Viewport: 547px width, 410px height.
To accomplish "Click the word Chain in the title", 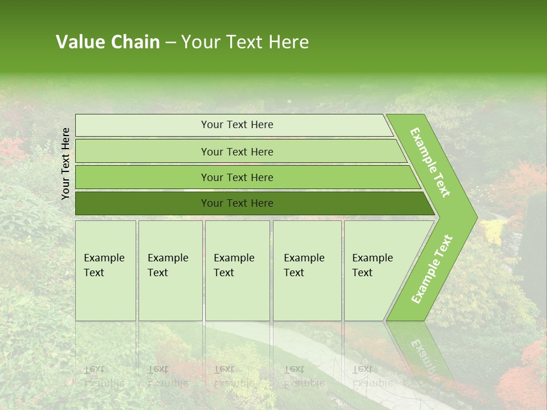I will click(135, 42).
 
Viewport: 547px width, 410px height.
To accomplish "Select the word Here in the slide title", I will click(288, 42).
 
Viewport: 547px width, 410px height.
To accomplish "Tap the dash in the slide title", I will click(170, 43).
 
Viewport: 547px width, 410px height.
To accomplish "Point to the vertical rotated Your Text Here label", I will click(66, 163).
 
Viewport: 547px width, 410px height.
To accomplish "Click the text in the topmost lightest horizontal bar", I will click(237, 125).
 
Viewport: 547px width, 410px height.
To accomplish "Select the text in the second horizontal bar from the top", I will click(237, 152).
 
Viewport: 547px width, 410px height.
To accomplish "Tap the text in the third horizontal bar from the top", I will click(237, 178).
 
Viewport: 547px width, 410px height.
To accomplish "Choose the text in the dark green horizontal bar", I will click(237, 203).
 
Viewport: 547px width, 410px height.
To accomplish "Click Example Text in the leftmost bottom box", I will click(104, 265).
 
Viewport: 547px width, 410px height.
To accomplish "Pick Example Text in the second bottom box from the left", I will click(168, 265).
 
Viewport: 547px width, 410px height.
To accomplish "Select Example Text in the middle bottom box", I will click(234, 265).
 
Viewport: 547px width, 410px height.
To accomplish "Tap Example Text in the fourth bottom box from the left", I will click(304, 265).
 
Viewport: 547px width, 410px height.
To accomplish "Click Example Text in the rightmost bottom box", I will click(372, 265).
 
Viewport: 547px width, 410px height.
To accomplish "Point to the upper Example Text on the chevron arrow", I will click(430, 163).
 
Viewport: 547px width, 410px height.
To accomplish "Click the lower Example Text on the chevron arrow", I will click(432, 269).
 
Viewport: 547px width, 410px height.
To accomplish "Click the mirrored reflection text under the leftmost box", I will click(104, 376).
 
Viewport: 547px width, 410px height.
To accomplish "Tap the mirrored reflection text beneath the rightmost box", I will click(372, 376).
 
